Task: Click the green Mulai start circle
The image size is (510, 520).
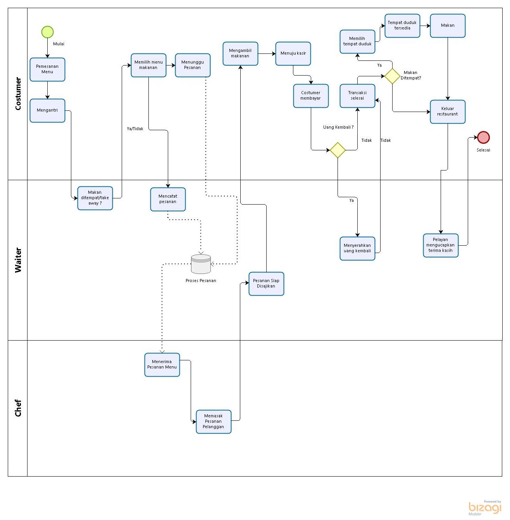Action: coord(47,32)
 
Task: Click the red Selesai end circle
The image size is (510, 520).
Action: coord(483,137)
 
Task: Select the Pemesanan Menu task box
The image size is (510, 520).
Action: coord(47,69)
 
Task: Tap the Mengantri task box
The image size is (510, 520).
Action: coord(47,110)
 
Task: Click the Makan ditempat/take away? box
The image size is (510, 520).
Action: coord(95,198)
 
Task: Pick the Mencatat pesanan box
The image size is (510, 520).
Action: coord(168,199)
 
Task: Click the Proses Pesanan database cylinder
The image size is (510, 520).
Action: coord(201,264)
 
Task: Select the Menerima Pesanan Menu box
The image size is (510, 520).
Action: coord(162,365)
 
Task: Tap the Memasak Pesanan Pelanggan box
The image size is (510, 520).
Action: coord(214,422)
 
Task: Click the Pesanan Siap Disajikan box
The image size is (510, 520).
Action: coord(266,284)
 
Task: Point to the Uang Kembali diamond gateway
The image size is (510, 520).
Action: coord(338,150)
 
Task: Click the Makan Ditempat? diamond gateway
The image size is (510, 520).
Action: coord(392,76)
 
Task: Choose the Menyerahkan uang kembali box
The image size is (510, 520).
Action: coord(357,248)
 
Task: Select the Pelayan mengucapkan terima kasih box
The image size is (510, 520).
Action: coord(441,245)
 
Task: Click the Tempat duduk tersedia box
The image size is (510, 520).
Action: coord(402,26)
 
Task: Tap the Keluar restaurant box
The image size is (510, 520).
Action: coord(448,112)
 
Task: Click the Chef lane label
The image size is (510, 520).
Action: coord(18,408)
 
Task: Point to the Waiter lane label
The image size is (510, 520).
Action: coord(18,260)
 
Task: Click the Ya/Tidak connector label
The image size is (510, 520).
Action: coord(135,129)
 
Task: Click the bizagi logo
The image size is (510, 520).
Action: coord(484,508)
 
